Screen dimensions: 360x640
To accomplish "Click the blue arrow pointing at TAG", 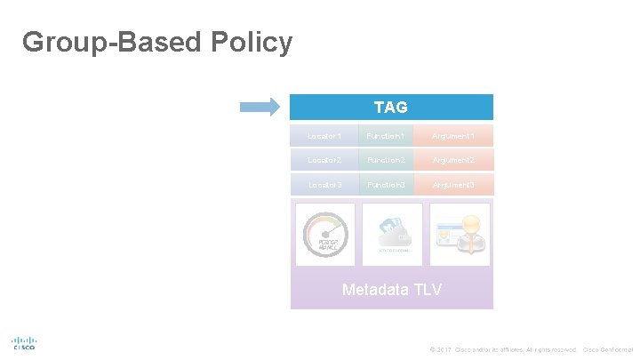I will (260, 108).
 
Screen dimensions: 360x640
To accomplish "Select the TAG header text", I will (391, 108).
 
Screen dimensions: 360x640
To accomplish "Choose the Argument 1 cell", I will (452, 136).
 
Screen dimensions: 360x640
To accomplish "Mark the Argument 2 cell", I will (452, 160).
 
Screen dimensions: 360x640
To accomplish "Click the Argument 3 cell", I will (452, 184).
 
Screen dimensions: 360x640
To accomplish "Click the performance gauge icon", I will (324, 235).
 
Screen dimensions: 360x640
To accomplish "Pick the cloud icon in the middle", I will (391, 235).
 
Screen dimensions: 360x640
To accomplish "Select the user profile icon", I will (459, 235).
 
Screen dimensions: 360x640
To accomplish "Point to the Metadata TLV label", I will (391, 290).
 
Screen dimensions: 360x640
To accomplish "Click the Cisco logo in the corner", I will (24, 343).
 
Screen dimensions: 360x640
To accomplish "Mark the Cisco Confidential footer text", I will (607, 349).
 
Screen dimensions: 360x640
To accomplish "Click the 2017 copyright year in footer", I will (444, 349).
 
